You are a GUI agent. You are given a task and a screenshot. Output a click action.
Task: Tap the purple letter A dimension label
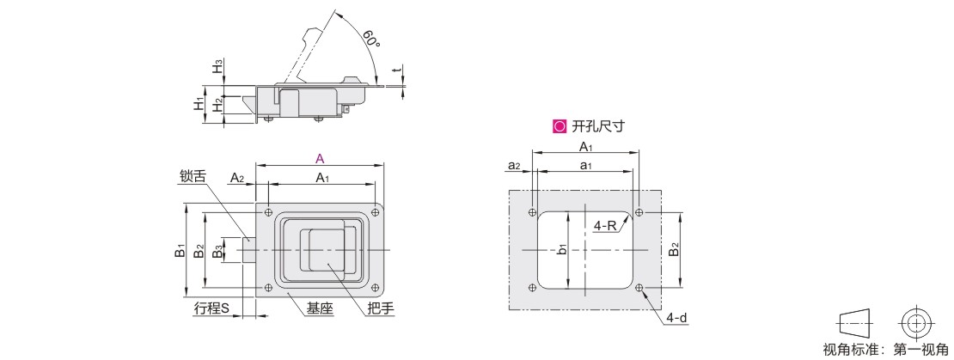coord(320,159)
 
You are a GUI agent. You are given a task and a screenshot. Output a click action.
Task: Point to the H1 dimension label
coord(199,103)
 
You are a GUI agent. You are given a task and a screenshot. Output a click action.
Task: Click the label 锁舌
coord(193,176)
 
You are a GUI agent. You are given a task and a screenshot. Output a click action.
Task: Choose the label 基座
coord(320,309)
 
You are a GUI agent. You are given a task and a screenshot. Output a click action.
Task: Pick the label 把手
coord(382,309)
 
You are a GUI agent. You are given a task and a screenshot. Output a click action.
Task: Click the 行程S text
coord(211,308)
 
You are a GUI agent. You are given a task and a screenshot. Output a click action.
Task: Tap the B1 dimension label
coord(179,250)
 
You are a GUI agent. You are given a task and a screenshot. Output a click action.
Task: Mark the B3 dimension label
coord(217,251)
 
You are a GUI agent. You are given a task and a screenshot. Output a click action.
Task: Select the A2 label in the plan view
coord(236,178)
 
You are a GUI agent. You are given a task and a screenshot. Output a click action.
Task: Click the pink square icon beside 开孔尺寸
coord(559,126)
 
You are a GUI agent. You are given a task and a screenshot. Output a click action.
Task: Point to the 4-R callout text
coord(605,226)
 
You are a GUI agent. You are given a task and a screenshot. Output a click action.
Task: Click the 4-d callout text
coord(677,317)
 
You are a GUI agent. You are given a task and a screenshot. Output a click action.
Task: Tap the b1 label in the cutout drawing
coord(562,248)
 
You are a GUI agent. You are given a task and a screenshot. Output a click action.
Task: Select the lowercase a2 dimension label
coord(514,165)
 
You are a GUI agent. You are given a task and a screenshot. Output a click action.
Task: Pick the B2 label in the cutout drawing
coord(673,250)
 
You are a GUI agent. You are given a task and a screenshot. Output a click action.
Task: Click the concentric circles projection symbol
coord(914,323)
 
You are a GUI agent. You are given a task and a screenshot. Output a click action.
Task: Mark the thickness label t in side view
coord(396,71)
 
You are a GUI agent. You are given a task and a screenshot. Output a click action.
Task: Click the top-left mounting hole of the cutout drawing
coord(532,212)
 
